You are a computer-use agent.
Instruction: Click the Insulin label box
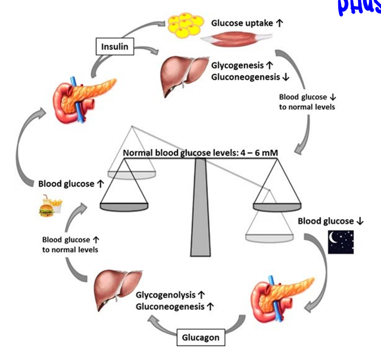coord(115,47)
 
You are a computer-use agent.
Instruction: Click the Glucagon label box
coord(201,337)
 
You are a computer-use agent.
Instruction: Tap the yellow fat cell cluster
coord(185,24)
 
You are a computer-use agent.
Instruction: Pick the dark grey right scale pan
coord(277,207)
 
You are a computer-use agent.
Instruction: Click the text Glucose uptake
coord(240,23)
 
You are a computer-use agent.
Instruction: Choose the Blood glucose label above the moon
coord(327,221)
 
